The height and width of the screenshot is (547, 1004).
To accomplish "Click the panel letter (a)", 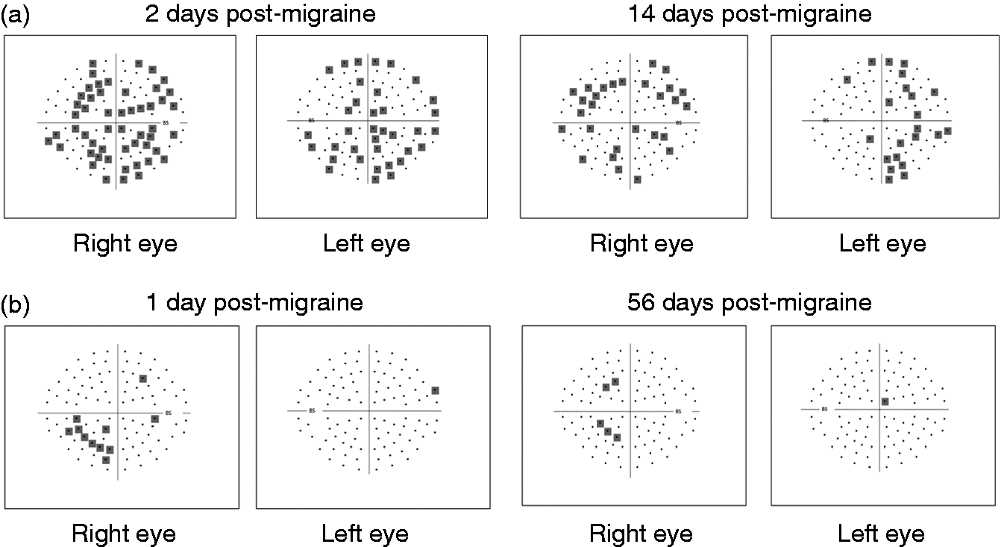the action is click(x=16, y=14).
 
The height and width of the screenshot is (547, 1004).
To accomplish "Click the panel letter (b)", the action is click(x=16, y=304).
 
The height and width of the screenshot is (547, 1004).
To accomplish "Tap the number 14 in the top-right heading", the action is click(x=642, y=13).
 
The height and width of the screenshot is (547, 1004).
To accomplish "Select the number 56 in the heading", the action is click(x=641, y=302).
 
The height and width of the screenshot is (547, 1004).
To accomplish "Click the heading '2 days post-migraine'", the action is click(x=260, y=14).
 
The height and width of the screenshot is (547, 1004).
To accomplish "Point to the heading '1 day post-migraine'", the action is click(x=254, y=303).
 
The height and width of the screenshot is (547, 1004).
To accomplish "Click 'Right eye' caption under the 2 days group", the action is click(x=125, y=244).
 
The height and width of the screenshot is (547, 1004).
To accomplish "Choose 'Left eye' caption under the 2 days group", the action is click(x=367, y=244).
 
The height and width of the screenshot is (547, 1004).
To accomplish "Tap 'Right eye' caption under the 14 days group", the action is click(x=641, y=244).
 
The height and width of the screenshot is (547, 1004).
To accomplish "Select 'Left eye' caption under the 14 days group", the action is click(x=882, y=244).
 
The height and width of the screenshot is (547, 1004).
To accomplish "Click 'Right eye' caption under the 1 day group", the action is click(x=124, y=534).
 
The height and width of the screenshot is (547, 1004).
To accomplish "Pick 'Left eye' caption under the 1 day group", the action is click(x=365, y=534).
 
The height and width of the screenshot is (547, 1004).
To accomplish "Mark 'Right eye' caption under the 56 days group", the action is click(x=641, y=534).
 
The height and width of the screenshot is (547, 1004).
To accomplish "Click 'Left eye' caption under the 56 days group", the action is click(x=881, y=534).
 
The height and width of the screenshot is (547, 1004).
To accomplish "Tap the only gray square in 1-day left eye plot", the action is click(x=435, y=390).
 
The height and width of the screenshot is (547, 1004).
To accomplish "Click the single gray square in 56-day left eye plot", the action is click(x=885, y=401).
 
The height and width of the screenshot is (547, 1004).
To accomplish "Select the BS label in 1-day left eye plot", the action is click(x=312, y=410).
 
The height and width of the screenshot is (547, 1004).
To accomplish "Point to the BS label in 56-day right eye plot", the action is click(x=678, y=412).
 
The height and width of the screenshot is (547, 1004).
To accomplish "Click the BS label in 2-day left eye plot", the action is click(x=312, y=120).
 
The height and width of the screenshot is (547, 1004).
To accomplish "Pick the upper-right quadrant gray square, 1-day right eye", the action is click(x=143, y=379).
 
